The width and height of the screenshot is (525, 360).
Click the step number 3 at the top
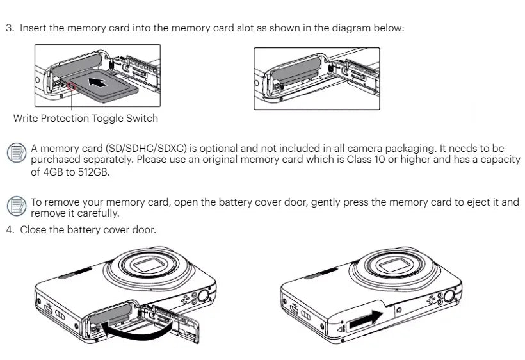(9, 29)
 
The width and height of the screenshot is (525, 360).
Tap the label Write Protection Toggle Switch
(85, 118)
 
